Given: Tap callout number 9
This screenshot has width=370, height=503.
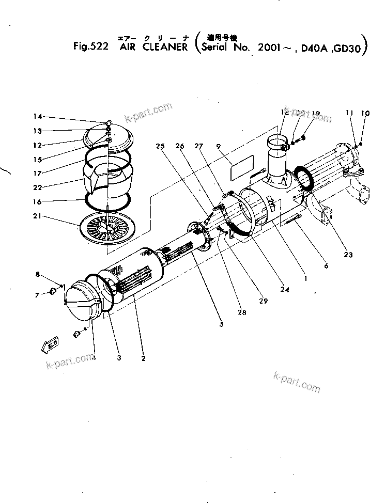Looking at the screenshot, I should click(219, 147).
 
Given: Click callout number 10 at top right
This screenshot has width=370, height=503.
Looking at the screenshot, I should click(365, 113).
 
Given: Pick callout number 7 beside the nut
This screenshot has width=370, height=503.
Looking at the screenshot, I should click(37, 295).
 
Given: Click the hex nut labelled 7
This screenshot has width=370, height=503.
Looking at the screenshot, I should click(52, 293).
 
